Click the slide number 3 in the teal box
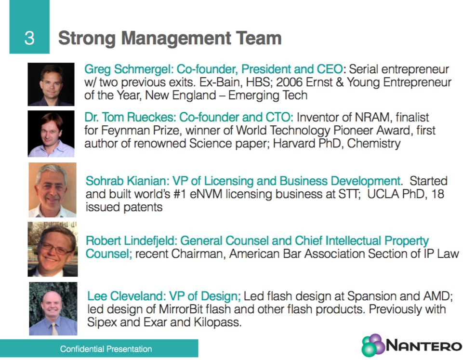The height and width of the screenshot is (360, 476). coord(29,38)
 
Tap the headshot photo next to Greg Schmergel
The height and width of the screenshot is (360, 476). coord(51,84)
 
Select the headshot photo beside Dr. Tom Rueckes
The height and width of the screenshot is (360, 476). coord(51,133)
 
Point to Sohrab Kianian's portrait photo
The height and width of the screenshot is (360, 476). coord(53,190)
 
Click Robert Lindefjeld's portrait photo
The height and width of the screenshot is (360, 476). coord(53,249)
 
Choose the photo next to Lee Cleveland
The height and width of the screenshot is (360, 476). coord(53,309)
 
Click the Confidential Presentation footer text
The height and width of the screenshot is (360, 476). coord(106,349)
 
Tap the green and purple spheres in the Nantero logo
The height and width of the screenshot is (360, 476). coord(373,346)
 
